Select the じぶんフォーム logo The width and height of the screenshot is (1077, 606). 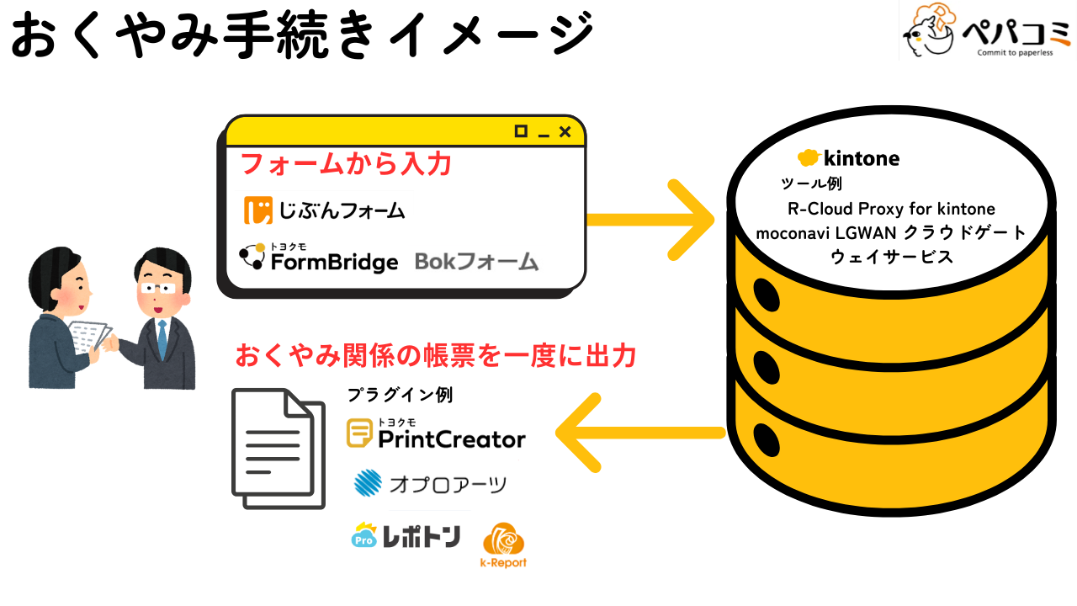point(325,210)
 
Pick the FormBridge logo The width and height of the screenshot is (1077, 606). point(319,258)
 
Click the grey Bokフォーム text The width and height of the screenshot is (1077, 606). point(476,262)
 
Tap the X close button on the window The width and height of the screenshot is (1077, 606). point(565,131)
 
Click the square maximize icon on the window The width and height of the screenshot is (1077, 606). point(521,131)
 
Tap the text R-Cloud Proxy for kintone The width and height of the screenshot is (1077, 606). point(891,209)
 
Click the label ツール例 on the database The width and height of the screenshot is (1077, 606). point(812,183)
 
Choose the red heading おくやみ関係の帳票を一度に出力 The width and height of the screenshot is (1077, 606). point(434,355)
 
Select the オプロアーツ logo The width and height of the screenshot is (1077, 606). point(431,484)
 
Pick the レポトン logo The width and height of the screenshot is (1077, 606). point(406,536)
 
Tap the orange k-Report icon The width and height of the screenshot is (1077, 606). point(503,545)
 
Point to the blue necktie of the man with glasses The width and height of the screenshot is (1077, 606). point(162,338)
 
